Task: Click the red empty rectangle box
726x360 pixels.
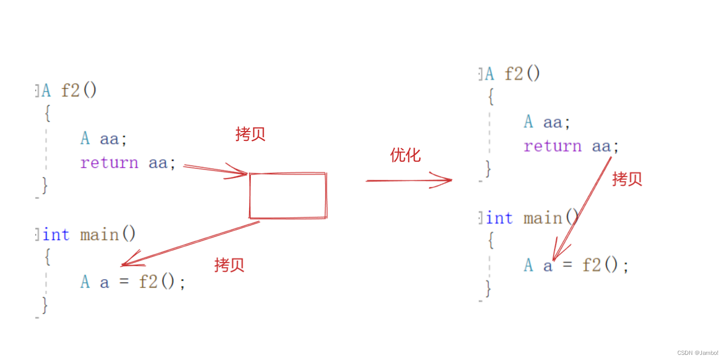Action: click(x=288, y=196)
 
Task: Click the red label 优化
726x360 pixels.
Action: click(x=405, y=155)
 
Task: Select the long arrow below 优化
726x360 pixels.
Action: click(x=409, y=180)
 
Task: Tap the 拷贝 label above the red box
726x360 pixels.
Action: click(x=250, y=134)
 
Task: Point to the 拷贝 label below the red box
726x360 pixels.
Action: click(x=229, y=265)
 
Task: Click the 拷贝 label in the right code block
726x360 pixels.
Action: click(x=627, y=179)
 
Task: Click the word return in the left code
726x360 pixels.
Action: click(x=109, y=163)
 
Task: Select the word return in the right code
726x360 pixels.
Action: click(x=552, y=146)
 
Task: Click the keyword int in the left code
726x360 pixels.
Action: click(x=56, y=235)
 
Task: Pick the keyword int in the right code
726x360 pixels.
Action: click(x=499, y=219)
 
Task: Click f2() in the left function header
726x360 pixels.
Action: click(x=79, y=91)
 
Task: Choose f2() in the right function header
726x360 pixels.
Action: click(x=522, y=74)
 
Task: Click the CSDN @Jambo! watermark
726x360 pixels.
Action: click(x=697, y=353)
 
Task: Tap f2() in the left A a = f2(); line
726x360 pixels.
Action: click(x=161, y=282)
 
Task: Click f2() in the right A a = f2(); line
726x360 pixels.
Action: click(x=605, y=265)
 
